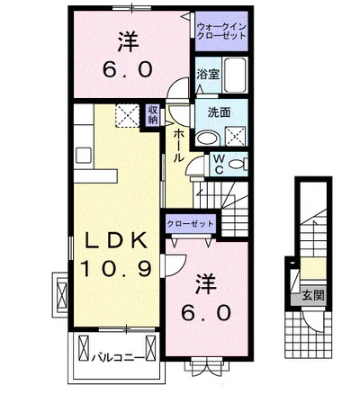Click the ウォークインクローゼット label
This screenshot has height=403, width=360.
click(221, 31)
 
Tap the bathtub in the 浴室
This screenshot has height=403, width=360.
click(236, 75)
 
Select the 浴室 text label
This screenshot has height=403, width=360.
click(208, 74)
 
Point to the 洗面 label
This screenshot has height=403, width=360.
click(219, 112)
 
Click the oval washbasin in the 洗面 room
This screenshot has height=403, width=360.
click(208, 139)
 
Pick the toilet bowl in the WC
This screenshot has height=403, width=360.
click(237, 164)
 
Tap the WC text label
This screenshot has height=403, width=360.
click(220, 164)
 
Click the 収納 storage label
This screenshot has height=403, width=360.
click(153, 114)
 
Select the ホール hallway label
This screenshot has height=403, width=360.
click(178, 146)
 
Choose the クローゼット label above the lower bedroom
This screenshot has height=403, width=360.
click(191, 224)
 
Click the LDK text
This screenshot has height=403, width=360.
click(116, 240)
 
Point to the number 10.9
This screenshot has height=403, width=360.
click(116, 268)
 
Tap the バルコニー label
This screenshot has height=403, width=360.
click(118, 358)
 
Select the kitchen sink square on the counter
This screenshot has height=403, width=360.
click(84, 156)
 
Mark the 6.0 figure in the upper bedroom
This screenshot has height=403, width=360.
click(128, 70)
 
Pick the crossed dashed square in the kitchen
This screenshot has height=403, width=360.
click(127, 115)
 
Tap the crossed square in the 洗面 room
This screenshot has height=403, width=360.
click(235, 136)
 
